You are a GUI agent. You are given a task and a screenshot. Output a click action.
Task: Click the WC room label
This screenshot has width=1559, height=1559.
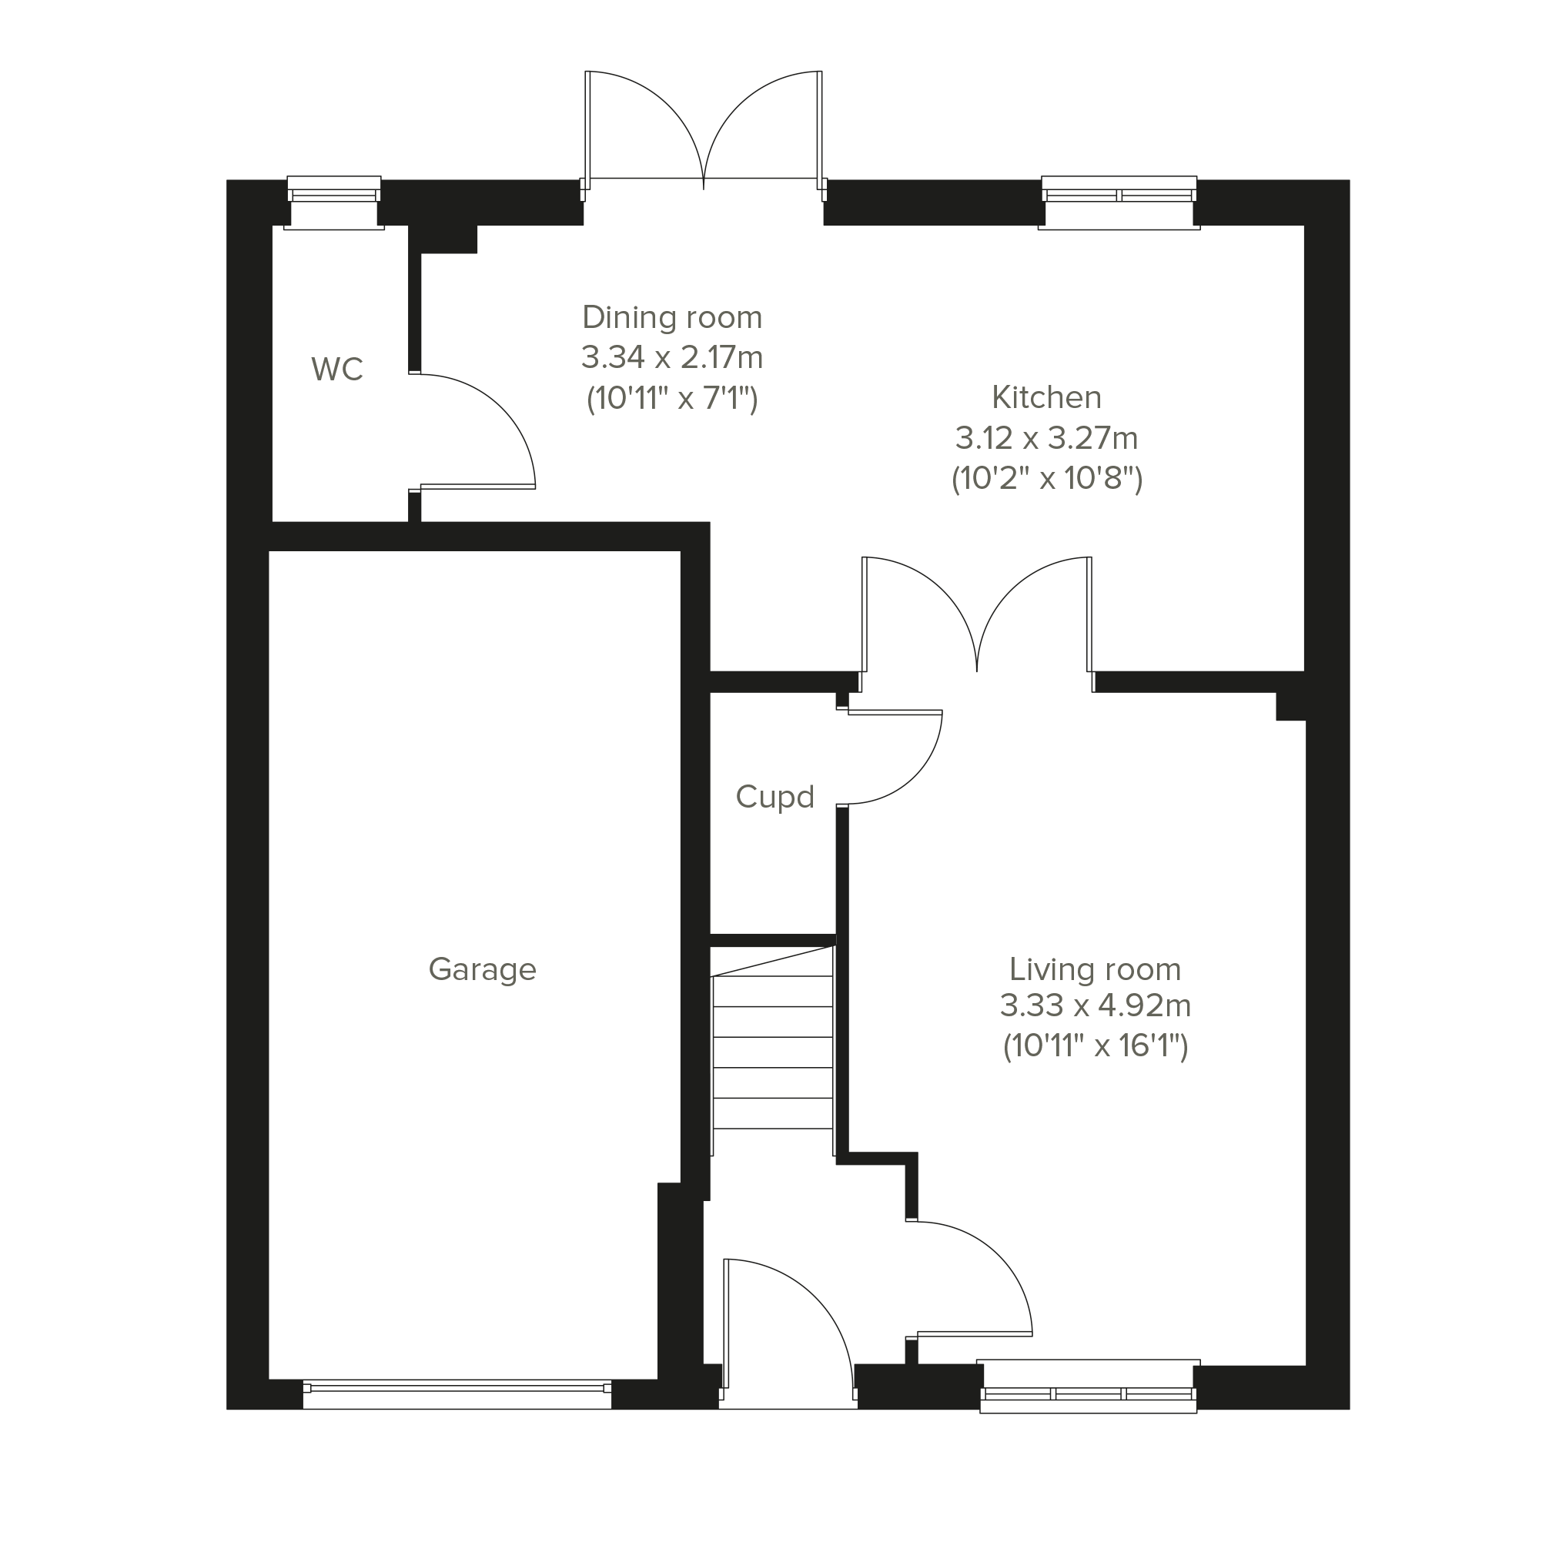click(x=337, y=370)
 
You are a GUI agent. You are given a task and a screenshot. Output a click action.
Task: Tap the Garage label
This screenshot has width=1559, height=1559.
click(x=482, y=969)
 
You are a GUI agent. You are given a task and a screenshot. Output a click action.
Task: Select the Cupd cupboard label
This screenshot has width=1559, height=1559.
click(x=774, y=798)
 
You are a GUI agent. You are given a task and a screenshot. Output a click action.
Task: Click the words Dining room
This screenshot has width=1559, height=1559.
click(x=672, y=317)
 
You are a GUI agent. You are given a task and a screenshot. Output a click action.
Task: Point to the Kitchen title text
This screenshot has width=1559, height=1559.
click(x=1046, y=397)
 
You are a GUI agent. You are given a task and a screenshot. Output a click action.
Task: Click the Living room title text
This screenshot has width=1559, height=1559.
click(x=1095, y=969)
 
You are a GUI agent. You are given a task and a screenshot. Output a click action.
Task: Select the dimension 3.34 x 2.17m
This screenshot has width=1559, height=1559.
click(x=672, y=356)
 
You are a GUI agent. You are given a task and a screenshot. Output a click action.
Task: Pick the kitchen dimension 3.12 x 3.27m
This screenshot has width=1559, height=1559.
click(x=1046, y=438)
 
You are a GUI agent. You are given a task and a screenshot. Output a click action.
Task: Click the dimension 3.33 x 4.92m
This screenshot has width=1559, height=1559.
click(x=1095, y=1005)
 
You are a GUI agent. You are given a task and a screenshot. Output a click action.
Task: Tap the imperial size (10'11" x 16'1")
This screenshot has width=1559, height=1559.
click(x=1095, y=1045)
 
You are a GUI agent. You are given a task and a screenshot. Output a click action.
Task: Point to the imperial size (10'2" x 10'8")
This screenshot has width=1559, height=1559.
click(x=1046, y=479)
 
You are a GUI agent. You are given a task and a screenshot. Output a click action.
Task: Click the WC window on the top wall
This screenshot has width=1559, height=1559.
click(x=334, y=202)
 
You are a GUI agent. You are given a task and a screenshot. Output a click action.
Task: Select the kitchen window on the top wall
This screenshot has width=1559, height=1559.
click(x=1119, y=202)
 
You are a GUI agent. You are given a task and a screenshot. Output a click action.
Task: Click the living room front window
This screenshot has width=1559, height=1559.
click(x=1088, y=1387)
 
